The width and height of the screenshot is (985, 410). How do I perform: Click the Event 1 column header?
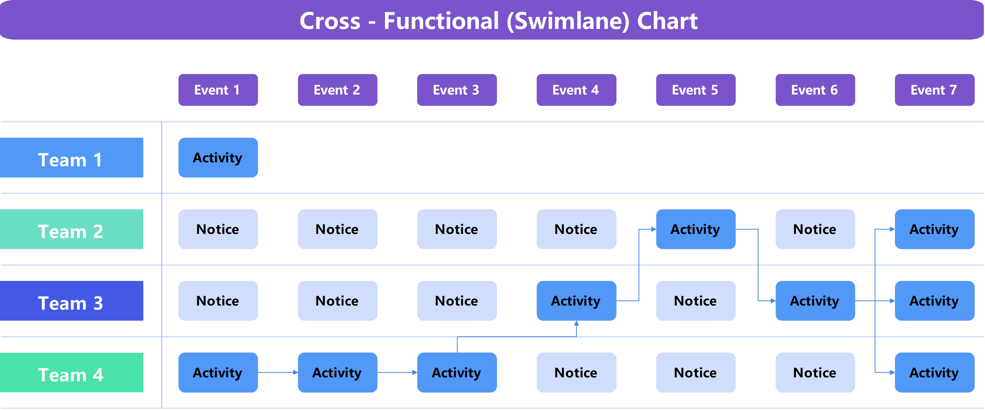click(x=218, y=90)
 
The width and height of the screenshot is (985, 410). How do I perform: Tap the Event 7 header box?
click(x=934, y=90)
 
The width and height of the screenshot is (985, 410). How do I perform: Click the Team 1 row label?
click(x=72, y=157)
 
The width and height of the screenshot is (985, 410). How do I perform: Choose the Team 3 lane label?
click(x=72, y=301)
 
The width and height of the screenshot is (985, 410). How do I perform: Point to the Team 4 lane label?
click(x=72, y=373)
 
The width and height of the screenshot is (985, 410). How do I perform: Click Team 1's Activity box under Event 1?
click(x=218, y=157)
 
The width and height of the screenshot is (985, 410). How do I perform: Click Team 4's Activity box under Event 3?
click(x=457, y=373)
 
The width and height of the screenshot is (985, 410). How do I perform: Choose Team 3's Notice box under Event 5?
click(x=696, y=301)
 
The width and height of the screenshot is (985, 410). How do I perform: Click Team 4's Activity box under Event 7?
click(x=934, y=373)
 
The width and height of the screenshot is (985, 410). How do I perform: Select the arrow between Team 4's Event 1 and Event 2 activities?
click(x=278, y=372)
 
